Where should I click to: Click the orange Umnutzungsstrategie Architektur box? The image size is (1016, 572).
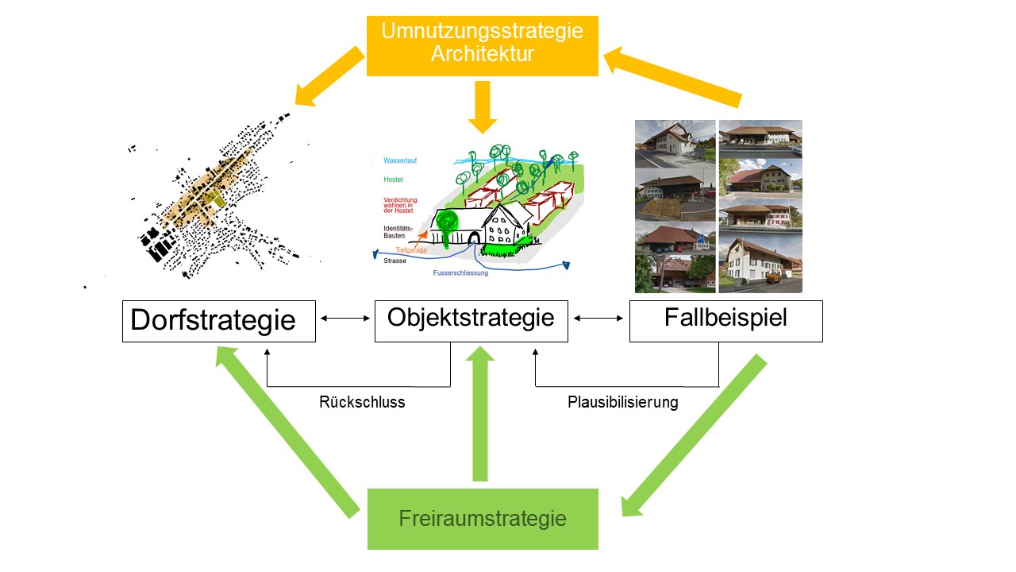(482, 46)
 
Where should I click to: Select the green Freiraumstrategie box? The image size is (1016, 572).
(483, 519)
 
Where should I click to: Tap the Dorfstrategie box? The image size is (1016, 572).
(218, 321)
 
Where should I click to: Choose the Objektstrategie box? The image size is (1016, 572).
(471, 321)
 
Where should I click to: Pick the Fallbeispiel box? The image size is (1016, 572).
(725, 321)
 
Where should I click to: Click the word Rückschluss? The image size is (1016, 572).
(362, 402)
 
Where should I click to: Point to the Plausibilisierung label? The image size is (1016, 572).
(623, 402)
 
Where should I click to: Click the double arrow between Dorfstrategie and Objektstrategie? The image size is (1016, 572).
(345, 319)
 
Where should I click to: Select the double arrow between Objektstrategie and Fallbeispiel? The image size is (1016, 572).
(598, 319)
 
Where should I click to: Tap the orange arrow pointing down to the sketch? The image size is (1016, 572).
(483, 107)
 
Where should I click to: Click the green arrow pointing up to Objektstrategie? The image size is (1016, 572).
(480, 413)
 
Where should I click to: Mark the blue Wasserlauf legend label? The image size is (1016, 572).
(400, 160)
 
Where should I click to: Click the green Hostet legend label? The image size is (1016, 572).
(393, 180)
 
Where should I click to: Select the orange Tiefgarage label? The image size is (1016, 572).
(411, 250)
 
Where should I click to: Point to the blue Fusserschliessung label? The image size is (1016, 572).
(460, 272)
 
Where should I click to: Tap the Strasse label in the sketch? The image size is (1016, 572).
(394, 261)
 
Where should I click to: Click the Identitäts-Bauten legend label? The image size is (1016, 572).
(398, 232)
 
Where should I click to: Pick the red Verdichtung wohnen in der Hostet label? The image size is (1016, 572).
(400, 205)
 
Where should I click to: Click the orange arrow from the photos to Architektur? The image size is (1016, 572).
(673, 76)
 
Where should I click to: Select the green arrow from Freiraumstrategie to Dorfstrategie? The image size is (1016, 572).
(287, 432)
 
